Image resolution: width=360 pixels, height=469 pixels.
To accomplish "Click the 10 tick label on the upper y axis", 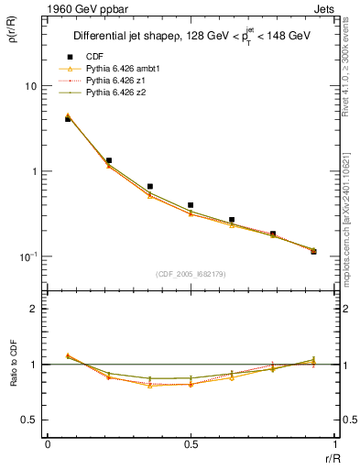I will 30,86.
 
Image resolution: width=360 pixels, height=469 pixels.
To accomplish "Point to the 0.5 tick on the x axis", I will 191,444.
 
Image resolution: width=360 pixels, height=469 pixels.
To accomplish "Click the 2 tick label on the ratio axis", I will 34,309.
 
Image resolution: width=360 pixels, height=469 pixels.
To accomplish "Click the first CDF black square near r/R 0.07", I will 68,119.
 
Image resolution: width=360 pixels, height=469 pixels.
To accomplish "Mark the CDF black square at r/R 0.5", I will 191,205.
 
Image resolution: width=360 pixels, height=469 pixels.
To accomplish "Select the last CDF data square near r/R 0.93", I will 313,251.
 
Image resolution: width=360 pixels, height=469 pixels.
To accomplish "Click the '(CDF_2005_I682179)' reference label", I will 191,274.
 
